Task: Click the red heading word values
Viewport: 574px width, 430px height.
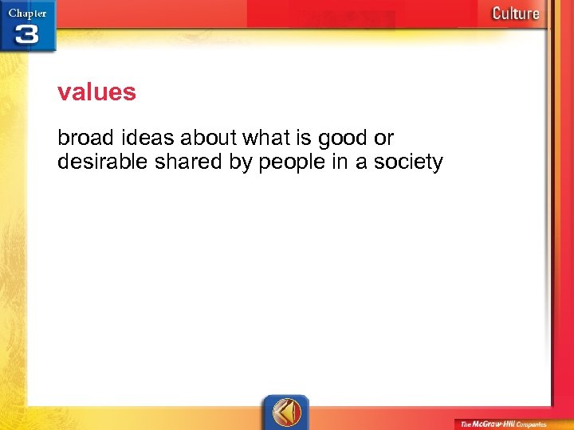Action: (96, 93)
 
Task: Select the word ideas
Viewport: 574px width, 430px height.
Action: (140, 138)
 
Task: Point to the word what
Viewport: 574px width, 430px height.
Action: (267, 138)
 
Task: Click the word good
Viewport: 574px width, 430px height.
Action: (342, 139)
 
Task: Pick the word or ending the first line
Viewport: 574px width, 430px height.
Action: (383, 139)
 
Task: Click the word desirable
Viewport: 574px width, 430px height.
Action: (101, 162)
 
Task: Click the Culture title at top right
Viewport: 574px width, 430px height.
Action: (515, 13)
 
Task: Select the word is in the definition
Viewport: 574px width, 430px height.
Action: (304, 138)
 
